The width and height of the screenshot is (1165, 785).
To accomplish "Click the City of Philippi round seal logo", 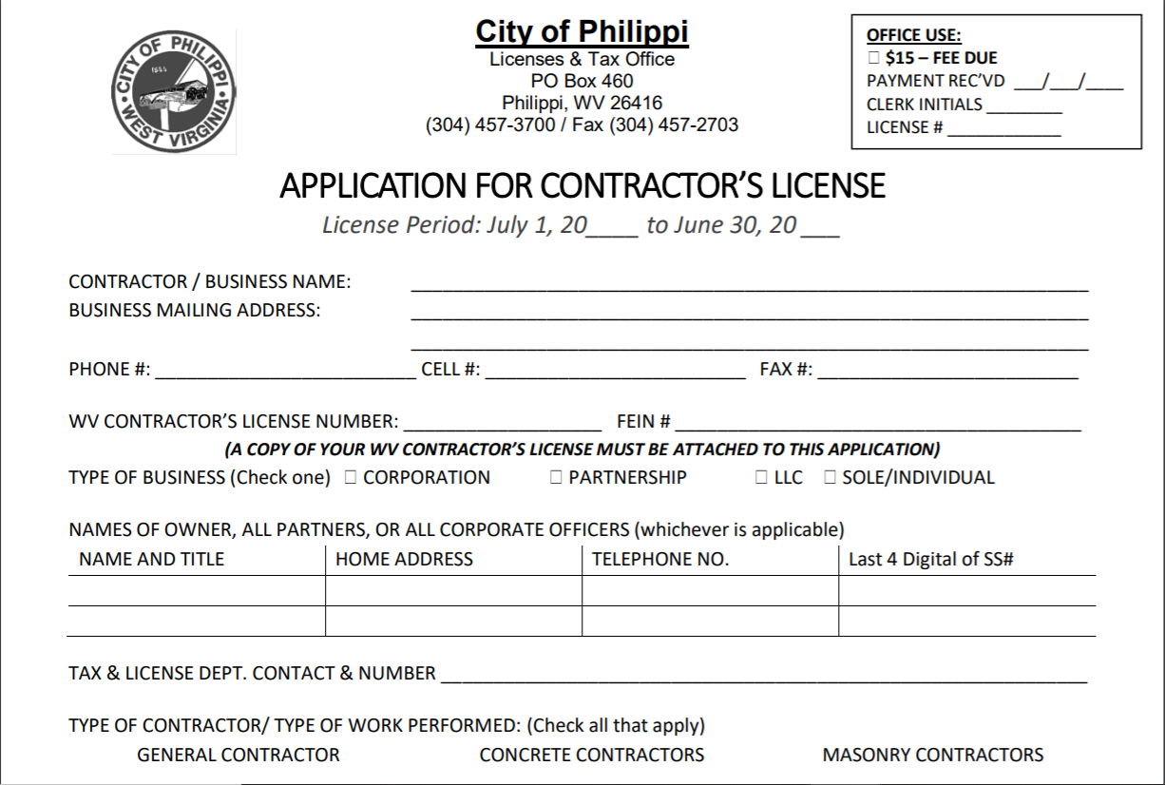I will pyautogui.click(x=174, y=92).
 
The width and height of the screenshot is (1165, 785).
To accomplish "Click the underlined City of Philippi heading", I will pyautogui.click(x=582, y=31).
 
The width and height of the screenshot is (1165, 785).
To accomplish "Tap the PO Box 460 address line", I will pyautogui.click(x=582, y=81).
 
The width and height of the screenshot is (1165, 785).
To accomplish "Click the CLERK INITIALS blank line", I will pyautogui.click(x=1023, y=106).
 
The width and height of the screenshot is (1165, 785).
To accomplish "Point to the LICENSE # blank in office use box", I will pyautogui.click(x=1003, y=130).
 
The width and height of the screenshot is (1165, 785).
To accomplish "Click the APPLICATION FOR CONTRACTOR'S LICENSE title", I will pyautogui.click(x=582, y=185).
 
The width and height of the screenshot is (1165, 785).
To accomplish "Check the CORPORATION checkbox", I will pyautogui.click(x=350, y=477).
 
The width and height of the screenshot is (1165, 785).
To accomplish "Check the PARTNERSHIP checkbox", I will pyautogui.click(x=556, y=477).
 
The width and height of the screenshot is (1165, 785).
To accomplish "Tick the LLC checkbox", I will pyautogui.click(x=761, y=477).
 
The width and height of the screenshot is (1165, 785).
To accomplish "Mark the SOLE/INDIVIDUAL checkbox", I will pyautogui.click(x=830, y=477).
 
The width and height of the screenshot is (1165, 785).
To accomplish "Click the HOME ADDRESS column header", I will pyautogui.click(x=404, y=560).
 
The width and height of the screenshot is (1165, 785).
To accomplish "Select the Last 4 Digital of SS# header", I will pyautogui.click(x=930, y=560).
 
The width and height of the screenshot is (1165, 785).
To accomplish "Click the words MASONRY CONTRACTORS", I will pyautogui.click(x=932, y=756).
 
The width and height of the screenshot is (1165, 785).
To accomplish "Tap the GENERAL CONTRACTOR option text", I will pyautogui.click(x=239, y=756).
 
